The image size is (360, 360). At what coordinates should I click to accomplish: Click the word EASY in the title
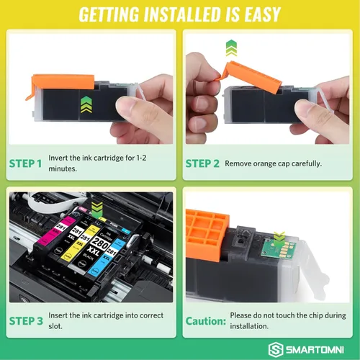tap(262, 14)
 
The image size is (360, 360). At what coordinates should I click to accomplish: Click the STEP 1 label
tap(25, 163)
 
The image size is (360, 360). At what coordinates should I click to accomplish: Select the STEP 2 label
tap(202, 163)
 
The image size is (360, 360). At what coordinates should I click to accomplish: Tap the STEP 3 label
tap(26, 321)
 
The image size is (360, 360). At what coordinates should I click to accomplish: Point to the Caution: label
tap(206, 321)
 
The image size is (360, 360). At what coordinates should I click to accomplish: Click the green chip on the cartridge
tap(279, 248)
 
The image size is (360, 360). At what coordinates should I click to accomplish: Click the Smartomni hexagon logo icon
tap(276, 349)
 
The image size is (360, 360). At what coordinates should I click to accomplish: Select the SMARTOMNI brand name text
tap(315, 350)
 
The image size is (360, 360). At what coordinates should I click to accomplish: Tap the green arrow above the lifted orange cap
tap(231, 48)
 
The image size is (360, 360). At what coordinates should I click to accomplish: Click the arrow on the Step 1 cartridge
tap(86, 104)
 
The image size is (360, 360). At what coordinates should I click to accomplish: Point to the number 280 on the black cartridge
tap(101, 242)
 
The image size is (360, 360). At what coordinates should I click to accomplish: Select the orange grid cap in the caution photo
tap(207, 234)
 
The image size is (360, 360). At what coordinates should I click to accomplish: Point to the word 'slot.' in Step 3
tap(55, 326)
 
